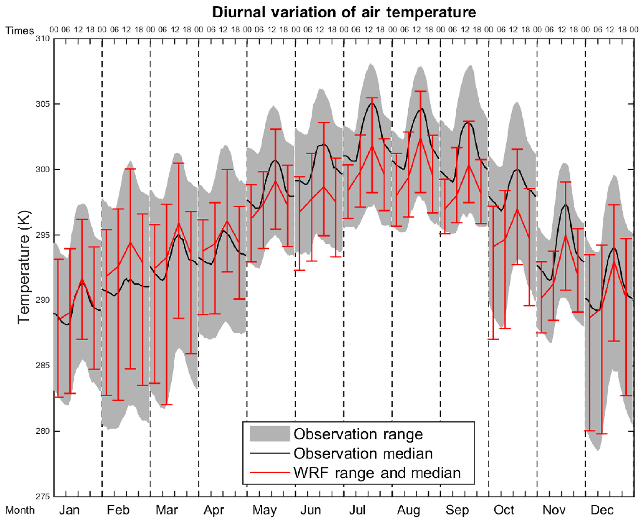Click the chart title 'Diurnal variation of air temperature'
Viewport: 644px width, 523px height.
point(344,12)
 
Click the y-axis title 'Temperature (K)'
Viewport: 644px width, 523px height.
point(24,267)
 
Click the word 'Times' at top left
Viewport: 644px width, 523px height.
point(20,31)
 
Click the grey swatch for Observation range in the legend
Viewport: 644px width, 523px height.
point(270,434)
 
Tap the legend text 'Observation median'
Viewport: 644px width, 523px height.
point(363,453)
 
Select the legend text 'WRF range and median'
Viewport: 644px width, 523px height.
point(377,473)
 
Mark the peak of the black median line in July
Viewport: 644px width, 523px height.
point(372,103)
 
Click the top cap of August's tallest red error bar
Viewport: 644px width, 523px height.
point(420,91)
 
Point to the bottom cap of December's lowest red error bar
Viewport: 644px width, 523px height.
point(602,434)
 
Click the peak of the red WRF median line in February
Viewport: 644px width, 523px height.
point(130,242)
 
